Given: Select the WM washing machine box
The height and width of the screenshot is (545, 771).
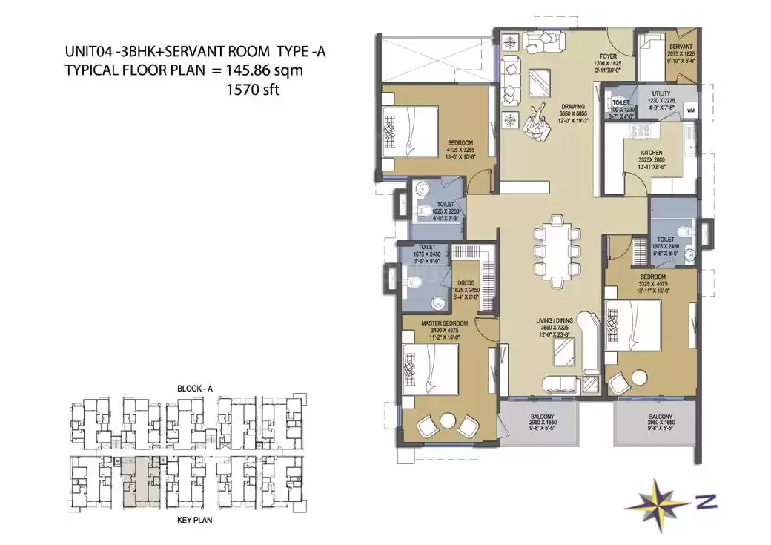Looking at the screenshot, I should [x=690, y=110].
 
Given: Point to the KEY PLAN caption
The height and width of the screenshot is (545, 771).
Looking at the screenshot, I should [x=194, y=521].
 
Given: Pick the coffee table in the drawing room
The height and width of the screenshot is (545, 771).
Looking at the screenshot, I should [x=539, y=85].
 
